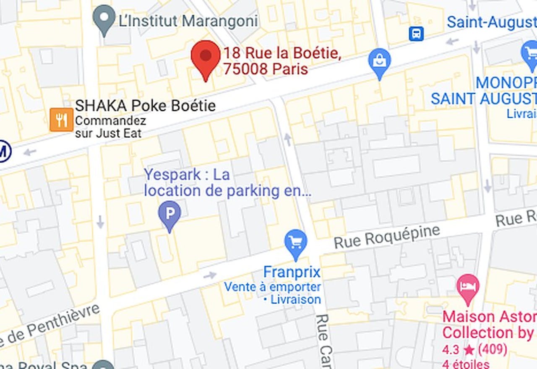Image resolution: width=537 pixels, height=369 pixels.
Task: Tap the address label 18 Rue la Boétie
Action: [x=281, y=54]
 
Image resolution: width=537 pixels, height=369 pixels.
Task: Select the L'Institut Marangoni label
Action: [x=188, y=21]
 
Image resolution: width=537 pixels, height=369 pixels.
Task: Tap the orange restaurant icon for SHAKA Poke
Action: [x=61, y=120]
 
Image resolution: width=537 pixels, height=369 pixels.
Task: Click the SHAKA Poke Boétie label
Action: [x=145, y=106]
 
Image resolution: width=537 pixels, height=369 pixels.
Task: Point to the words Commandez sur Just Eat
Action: [x=110, y=127]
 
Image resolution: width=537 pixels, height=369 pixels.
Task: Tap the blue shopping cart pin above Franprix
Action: [x=296, y=243]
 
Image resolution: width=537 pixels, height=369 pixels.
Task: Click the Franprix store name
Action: [x=292, y=272]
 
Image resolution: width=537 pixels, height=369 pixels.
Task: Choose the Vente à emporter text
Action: [x=272, y=287]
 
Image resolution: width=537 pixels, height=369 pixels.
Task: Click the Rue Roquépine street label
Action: [x=387, y=237]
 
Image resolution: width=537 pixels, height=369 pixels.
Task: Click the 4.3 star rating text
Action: [x=474, y=349]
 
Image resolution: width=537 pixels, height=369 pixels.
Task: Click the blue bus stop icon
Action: [x=416, y=34]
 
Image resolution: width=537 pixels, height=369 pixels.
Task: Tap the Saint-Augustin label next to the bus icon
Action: [x=491, y=22]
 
